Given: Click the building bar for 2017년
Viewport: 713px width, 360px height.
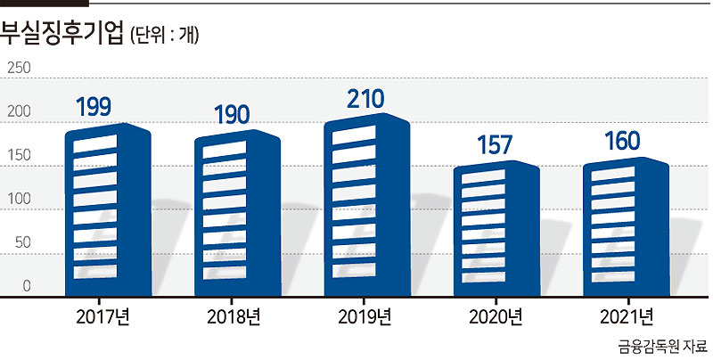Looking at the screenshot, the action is coord(108,210).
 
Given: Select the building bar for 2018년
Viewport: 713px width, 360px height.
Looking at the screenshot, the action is coord(237,213).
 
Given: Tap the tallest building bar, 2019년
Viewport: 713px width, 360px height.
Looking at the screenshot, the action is coord(367,205).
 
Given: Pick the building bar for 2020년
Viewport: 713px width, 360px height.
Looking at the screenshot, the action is coord(496,229).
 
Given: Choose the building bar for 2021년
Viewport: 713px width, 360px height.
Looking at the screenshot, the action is coord(627,227).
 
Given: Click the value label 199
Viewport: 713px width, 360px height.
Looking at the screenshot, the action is coord(94,107).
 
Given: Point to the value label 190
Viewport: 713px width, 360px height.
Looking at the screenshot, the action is coord(232,115).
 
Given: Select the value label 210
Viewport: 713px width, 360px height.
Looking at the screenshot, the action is coord(365,99).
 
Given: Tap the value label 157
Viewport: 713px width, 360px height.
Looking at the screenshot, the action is coord(495,145).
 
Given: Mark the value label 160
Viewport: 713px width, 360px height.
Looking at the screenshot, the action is coord(622,141).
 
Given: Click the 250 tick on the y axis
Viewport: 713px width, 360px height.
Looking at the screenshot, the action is coord(19,69).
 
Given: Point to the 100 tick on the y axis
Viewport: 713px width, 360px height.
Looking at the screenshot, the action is coord(19,199).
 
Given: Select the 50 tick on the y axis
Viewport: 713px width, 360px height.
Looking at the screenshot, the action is coord(23,242).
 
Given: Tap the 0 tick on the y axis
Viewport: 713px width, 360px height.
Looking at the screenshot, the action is coord(27,286).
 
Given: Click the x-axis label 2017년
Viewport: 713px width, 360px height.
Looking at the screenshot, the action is coord(102,317).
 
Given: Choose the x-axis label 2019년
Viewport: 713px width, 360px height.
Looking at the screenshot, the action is coord(365,317).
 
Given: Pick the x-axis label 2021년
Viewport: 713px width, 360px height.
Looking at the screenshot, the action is coord(627,317).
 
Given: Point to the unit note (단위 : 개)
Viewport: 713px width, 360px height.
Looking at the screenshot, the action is coord(164,35).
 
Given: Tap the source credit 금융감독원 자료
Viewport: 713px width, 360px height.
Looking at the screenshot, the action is coord(662,347).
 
